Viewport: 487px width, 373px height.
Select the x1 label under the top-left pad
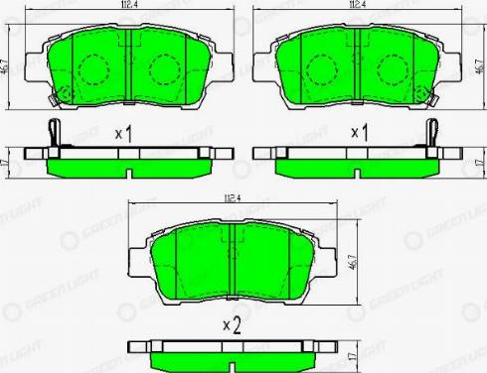point(124,133)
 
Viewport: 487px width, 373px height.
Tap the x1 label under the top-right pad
point(359,133)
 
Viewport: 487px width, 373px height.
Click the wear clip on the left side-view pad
point(53,131)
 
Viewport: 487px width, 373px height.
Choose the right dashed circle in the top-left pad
point(161,69)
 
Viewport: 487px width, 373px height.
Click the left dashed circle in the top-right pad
point(320,69)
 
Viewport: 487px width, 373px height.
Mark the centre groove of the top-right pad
point(354,67)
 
